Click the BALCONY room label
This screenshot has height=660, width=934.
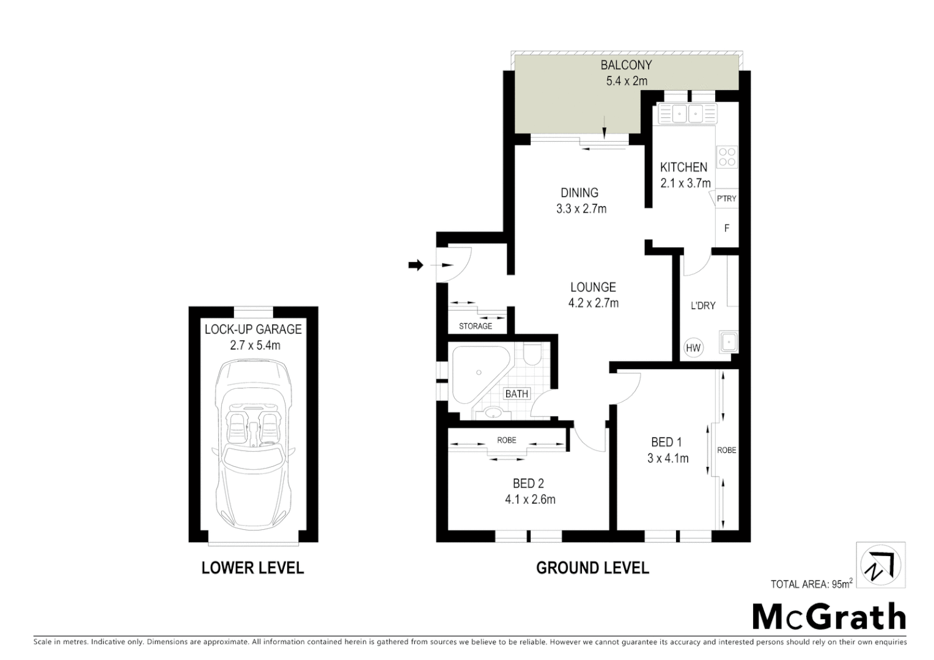(x=626, y=65)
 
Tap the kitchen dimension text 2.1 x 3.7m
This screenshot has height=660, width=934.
(x=685, y=183)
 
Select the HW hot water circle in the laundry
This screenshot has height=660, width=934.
(x=693, y=348)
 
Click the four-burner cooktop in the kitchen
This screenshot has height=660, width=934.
(x=727, y=157)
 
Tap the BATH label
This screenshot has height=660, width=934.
(x=517, y=394)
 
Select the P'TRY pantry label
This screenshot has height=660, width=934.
(x=726, y=199)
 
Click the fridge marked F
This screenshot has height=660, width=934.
(x=727, y=228)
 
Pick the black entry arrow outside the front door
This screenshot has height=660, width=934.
(x=416, y=265)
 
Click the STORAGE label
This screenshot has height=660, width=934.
(x=476, y=326)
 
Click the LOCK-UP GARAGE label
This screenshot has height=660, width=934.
(x=253, y=329)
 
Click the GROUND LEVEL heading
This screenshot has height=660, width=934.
(x=592, y=568)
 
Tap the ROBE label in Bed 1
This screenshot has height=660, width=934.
(x=727, y=450)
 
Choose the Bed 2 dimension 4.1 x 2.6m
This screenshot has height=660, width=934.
(x=530, y=499)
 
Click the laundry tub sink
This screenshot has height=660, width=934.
(x=728, y=342)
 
